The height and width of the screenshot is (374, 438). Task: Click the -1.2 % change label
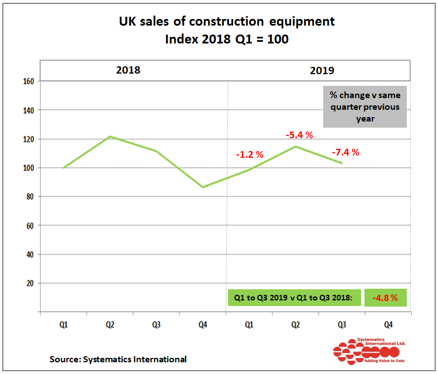tap(249, 154)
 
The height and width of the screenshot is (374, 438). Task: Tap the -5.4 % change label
tap(299, 135)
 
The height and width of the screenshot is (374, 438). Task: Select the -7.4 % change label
tap(345, 152)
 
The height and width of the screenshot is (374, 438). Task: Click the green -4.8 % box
tap(386, 298)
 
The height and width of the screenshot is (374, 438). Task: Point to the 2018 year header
tap(128, 70)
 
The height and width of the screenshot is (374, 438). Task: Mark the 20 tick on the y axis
tap(31, 283)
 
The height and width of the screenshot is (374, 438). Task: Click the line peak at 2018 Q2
tap(110, 137)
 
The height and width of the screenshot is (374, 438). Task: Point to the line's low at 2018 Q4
tap(203, 187)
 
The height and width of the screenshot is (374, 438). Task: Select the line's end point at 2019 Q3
tap(341, 163)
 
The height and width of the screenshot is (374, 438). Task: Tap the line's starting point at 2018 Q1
tap(64, 168)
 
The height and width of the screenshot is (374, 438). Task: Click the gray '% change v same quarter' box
tap(365, 106)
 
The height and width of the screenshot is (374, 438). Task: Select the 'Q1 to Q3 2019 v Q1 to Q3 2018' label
tap(294, 298)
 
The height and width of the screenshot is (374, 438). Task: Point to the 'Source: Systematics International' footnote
tap(118, 360)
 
